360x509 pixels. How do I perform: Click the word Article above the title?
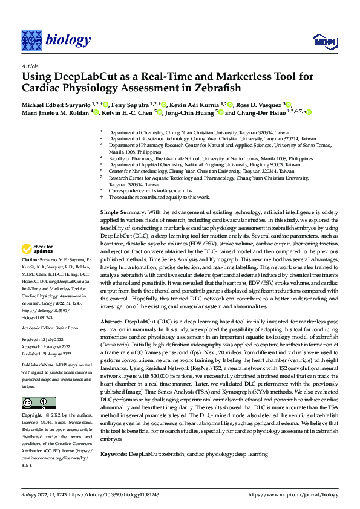[29, 66]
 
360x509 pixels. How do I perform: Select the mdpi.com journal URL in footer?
[293, 494]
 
